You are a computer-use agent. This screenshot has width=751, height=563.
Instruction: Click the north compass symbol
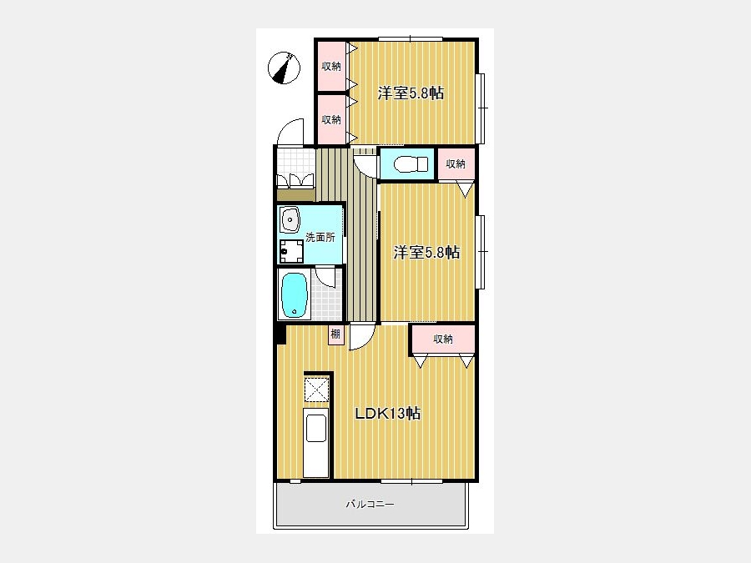[284, 68]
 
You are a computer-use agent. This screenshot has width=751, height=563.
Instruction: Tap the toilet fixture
[411, 164]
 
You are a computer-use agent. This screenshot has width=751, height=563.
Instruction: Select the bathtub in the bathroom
[294, 295]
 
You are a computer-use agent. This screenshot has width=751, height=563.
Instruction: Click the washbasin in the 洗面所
[290, 219]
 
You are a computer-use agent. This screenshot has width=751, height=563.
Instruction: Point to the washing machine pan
[291, 251]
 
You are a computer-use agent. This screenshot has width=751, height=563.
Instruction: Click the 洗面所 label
[320, 237]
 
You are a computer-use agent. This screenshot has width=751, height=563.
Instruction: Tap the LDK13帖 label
[387, 413]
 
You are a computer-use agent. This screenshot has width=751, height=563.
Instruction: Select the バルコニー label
[370, 504]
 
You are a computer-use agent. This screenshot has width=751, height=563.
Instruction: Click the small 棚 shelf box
[335, 334]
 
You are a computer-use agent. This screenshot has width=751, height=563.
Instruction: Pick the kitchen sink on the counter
[316, 428]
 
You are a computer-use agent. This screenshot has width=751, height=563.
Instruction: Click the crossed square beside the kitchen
[316, 390]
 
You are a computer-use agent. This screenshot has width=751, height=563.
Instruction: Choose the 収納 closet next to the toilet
[456, 164]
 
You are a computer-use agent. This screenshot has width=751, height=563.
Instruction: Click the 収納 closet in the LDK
[443, 339]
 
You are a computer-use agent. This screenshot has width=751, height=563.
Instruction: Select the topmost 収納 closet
[331, 67]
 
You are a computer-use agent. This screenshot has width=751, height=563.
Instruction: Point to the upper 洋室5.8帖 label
[411, 93]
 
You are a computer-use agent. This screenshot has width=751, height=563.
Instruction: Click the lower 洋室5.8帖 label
[426, 252]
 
